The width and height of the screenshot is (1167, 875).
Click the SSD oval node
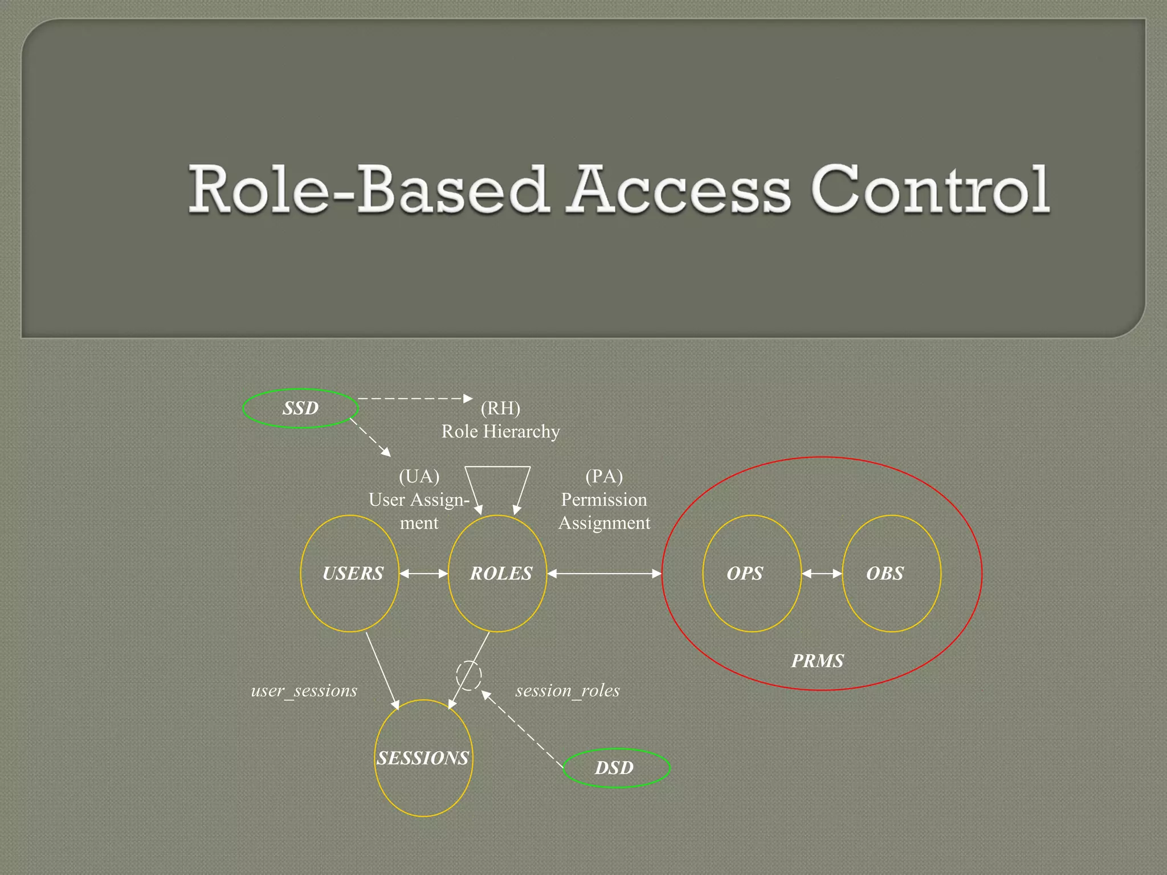pyautogui.click(x=300, y=408)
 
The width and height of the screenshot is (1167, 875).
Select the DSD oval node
pyautogui.click(x=616, y=767)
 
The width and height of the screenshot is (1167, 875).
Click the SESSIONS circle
pyautogui.click(x=423, y=758)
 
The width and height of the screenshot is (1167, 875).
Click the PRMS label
pyautogui.click(x=817, y=661)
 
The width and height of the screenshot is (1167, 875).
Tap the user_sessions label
pyautogui.click(x=304, y=690)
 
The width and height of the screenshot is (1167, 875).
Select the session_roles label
pyautogui.click(x=568, y=690)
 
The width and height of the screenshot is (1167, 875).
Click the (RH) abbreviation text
pyautogui.click(x=500, y=408)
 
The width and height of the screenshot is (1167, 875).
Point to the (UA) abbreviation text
pyautogui.click(x=419, y=476)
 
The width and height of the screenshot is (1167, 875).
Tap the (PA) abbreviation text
pyautogui.click(x=604, y=476)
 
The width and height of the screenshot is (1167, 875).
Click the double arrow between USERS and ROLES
pyautogui.click(x=423, y=574)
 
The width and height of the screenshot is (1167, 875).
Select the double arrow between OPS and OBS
pyautogui.click(x=822, y=574)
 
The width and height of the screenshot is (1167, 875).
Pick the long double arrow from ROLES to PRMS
pyautogui.click(x=604, y=574)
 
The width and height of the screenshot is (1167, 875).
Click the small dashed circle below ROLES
pyautogui.click(x=468, y=676)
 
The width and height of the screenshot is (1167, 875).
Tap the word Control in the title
pyautogui.click(x=930, y=190)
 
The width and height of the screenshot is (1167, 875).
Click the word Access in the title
pyautogui.click(x=680, y=190)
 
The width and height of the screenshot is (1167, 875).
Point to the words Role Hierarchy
pyautogui.click(x=500, y=431)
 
